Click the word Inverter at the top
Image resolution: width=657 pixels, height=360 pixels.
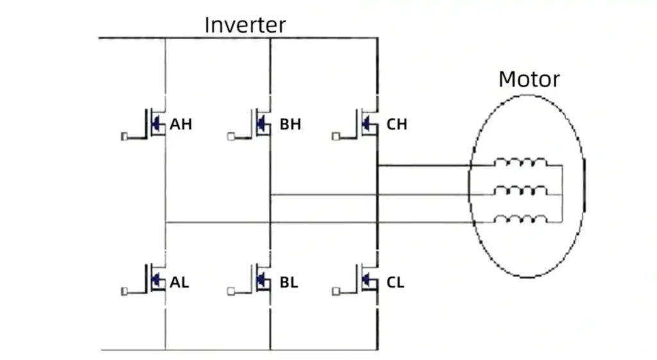pos(245,25)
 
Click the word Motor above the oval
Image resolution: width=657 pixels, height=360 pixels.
pos(529,80)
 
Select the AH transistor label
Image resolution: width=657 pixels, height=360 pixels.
pos(181,124)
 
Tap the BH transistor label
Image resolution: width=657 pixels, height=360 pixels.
pos(290,124)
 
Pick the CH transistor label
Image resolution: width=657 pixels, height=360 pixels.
pos(397,124)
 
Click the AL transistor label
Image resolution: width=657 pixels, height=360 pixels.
pos(180,282)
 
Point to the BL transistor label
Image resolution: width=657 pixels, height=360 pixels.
pos(289,282)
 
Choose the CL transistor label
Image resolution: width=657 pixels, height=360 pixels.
pos(395,282)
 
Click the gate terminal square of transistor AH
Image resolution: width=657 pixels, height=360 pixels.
pos(124,136)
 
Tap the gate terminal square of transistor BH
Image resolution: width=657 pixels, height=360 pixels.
pos(231,136)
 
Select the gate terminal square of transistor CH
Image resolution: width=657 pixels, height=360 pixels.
pos(336,136)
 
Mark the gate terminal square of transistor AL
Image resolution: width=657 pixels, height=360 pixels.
pos(124,292)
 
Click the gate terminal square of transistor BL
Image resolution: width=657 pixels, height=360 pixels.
pos(231,292)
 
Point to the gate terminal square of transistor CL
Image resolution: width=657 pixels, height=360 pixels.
pos(336,292)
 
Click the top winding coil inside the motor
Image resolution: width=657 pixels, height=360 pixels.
pos(521,163)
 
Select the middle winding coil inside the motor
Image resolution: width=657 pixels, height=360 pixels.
pos(521,191)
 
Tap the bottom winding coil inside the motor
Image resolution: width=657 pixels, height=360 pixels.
pos(521,219)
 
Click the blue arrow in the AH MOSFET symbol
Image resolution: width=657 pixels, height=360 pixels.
pos(155,122)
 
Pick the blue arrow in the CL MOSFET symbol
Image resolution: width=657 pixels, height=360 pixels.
pos(366,279)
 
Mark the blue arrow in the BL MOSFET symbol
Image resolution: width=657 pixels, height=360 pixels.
pos(260,279)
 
